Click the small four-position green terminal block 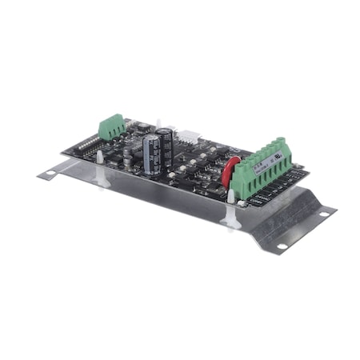coord(112,126)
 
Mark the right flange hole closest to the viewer coord(281,245)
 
